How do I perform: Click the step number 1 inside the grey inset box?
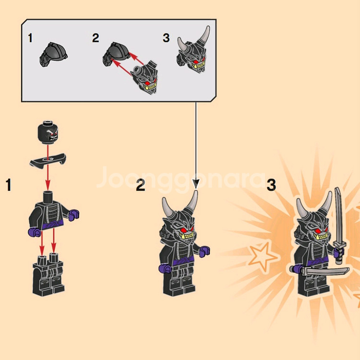[30, 38]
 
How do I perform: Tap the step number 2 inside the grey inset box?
[96, 38]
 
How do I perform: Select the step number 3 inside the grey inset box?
[166, 38]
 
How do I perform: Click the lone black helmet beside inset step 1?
[53, 54]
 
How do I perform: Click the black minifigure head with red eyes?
[48, 132]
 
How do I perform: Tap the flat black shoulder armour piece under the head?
[48, 160]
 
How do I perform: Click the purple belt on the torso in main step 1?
[53, 225]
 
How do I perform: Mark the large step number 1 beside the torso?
[9, 185]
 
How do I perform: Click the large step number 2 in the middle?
[141, 185]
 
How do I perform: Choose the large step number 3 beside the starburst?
[271, 185]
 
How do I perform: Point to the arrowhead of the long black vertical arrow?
[196, 184]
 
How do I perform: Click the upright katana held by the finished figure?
[338, 226]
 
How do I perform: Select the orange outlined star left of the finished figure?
[263, 256]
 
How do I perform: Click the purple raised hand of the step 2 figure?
[204, 252]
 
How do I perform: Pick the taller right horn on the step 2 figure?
[192, 202]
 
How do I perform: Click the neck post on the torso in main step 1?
[48, 197]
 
